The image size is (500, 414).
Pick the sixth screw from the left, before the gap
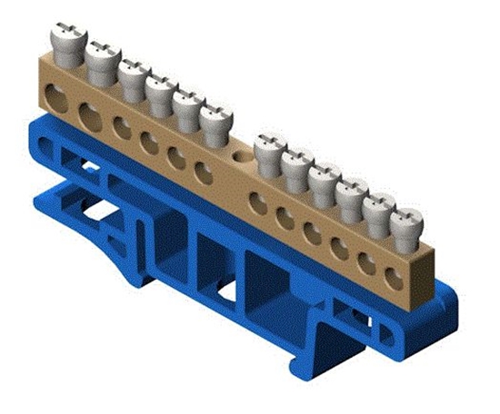point(215,122)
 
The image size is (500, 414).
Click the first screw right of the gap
point(270,151)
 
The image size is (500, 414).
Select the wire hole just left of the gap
point(205,173)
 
